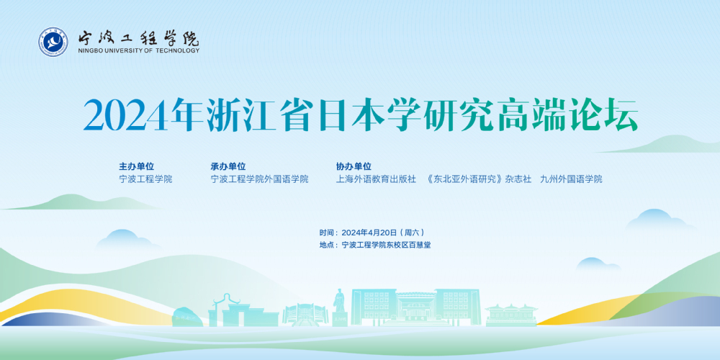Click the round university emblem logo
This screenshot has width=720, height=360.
pos(53,42)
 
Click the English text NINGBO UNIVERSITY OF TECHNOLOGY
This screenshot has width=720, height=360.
pos(139,50)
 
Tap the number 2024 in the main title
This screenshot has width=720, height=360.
pos(127,114)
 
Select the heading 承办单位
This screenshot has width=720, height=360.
pos(228,167)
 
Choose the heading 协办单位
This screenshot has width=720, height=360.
pos(354,167)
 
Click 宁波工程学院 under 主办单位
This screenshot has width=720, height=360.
pos(145,179)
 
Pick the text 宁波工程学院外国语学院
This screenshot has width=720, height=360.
pos(259,179)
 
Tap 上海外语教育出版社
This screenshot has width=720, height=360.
pos(376,179)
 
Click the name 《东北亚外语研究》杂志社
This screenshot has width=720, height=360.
pos(479,179)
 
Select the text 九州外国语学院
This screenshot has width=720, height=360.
pos(571,179)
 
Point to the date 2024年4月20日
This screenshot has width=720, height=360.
pos(369,233)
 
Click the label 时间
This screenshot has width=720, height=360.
pos(326,233)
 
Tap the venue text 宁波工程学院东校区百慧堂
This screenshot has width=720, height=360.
pos(387,246)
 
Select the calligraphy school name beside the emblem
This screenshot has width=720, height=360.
pos(138,37)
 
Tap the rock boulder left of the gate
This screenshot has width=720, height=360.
pos(188,317)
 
